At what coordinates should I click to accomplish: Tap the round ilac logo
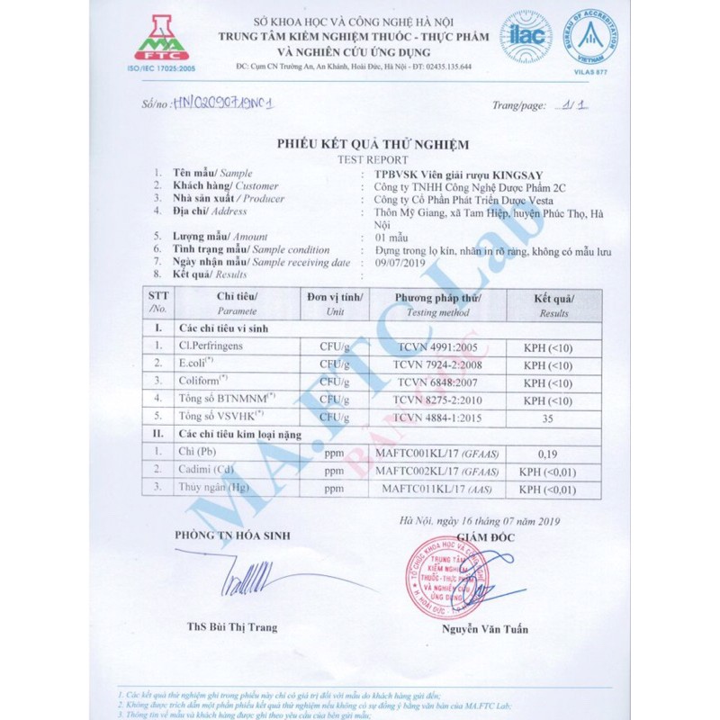tap(526, 36)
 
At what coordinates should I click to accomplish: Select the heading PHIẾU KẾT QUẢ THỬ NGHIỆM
tap(359, 144)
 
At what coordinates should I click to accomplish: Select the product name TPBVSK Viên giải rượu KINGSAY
tap(463, 174)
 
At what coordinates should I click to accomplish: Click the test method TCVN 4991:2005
tap(437, 346)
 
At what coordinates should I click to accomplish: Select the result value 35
tap(548, 418)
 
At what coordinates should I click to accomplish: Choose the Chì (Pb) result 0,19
tap(548, 454)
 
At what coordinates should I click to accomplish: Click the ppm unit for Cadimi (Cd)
tap(334, 471)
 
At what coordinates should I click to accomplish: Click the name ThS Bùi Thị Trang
tap(232, 627)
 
